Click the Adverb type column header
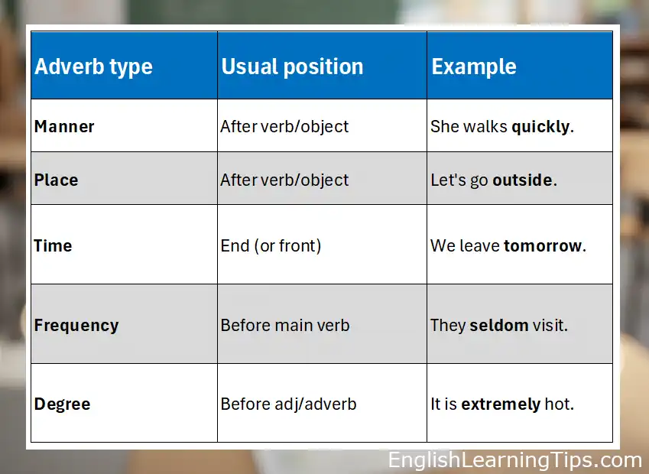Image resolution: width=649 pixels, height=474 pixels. click(93, 67)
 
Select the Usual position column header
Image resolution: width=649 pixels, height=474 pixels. click(292, 67)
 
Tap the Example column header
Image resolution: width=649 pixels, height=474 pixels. click(474, 67)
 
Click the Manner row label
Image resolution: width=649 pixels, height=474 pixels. click(64, 126)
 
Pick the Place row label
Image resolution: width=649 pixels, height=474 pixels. click(56, 180)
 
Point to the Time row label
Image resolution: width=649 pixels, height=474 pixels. click(53, 245)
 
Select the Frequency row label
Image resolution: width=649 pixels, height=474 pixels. click(76, 325)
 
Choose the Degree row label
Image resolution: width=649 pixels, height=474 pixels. click(62, 404)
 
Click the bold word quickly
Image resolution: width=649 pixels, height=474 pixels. click(540, 126)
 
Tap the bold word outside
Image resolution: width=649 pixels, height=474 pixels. click(522, 180)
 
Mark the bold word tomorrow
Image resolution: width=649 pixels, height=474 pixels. click(542, 245)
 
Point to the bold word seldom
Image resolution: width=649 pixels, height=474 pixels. click(499, 325)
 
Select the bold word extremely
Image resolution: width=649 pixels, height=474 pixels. click(501, 404)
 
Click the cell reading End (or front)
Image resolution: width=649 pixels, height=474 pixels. click(271, 245)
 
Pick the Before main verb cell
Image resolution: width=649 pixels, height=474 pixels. click(285, 325)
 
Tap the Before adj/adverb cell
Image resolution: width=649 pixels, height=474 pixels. click(288, 404)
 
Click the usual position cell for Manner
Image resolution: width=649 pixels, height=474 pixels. click(284, 126)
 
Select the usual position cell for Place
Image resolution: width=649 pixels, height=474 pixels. click(284, 180)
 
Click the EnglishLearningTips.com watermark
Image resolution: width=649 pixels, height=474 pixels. click(514, 460)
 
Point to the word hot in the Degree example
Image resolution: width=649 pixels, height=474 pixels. click(557, 404)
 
